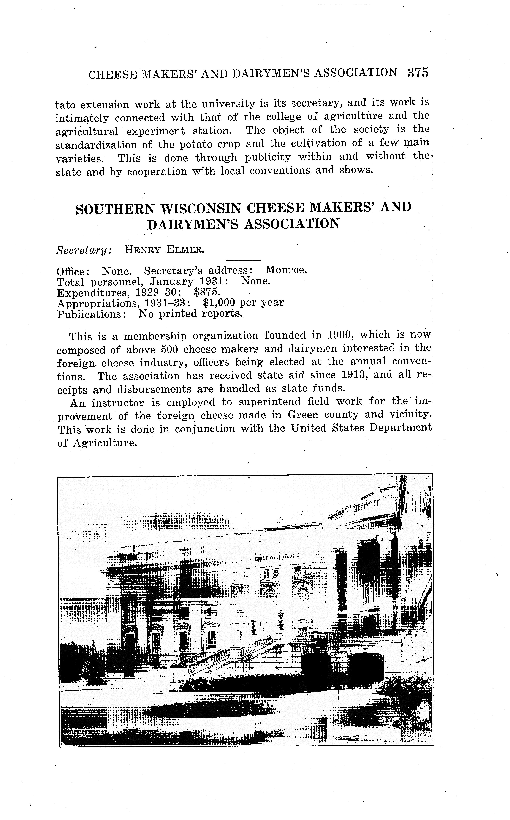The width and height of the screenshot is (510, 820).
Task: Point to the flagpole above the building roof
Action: click(156, 513)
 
